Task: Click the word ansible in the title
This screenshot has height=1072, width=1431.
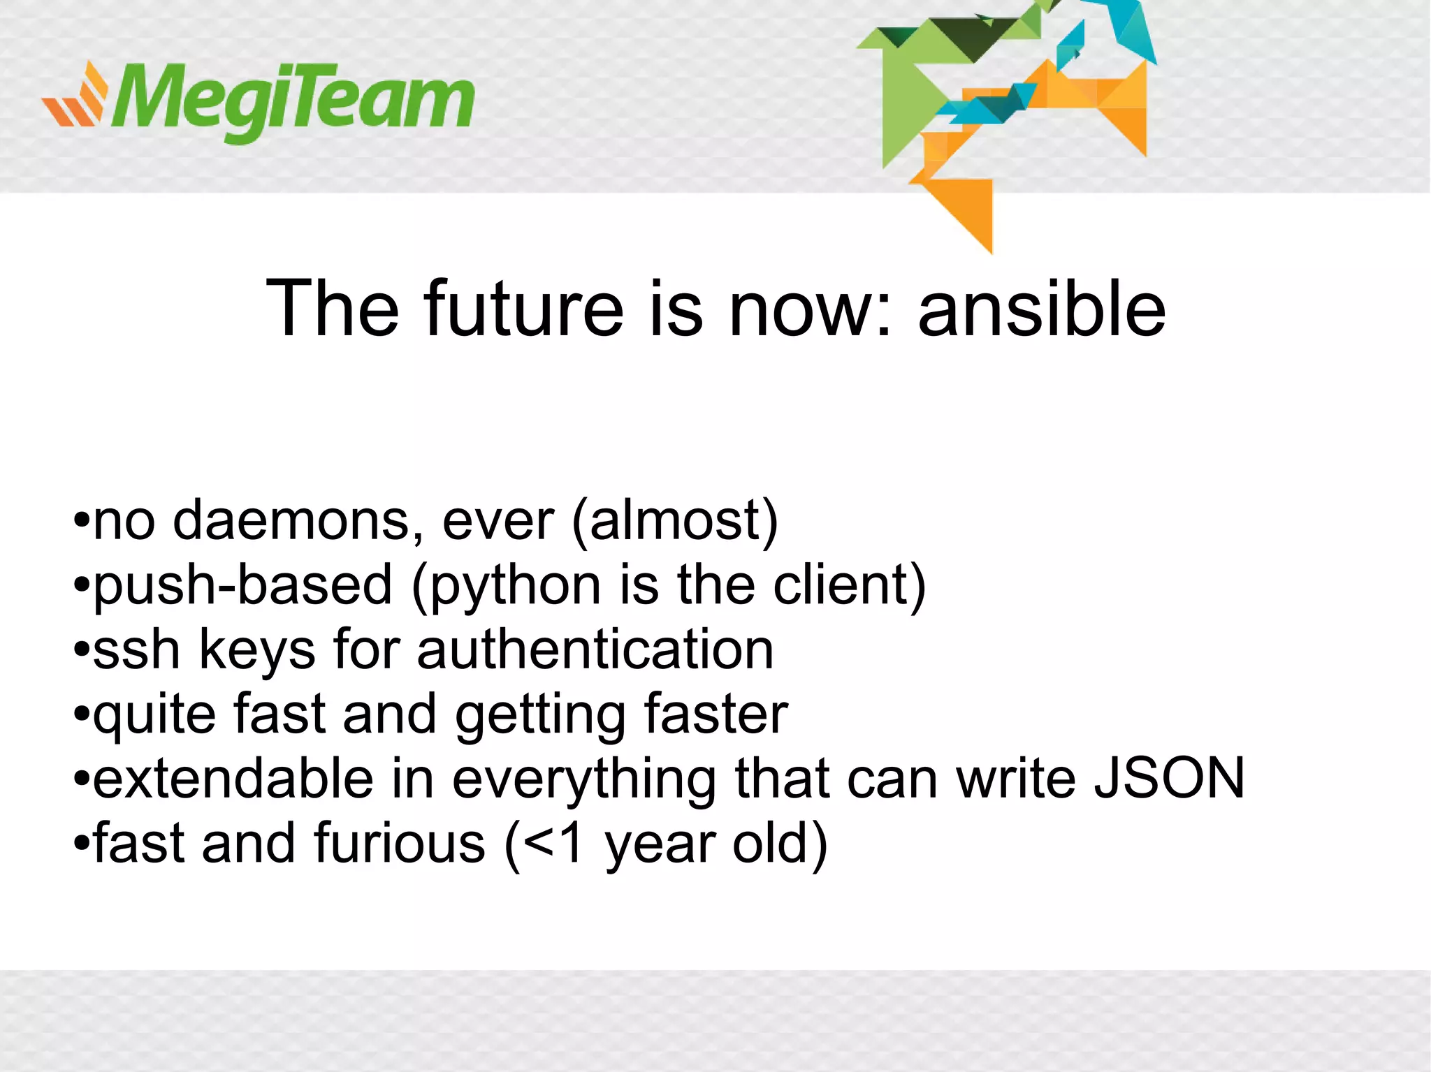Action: [x=1041, y=309]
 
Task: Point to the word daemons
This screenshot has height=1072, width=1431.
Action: [x=296, y=521]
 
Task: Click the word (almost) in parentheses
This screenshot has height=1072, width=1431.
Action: [x=674, y=521]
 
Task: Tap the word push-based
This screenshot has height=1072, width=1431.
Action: [x=242, y=585]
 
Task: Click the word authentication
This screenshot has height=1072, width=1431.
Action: [x=595, y=649]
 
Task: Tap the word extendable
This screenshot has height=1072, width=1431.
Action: [x=233, y=778]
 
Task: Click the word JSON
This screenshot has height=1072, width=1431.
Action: [x=1169, y=778]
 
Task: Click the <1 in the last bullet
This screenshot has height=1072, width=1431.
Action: [x=552, y=843]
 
